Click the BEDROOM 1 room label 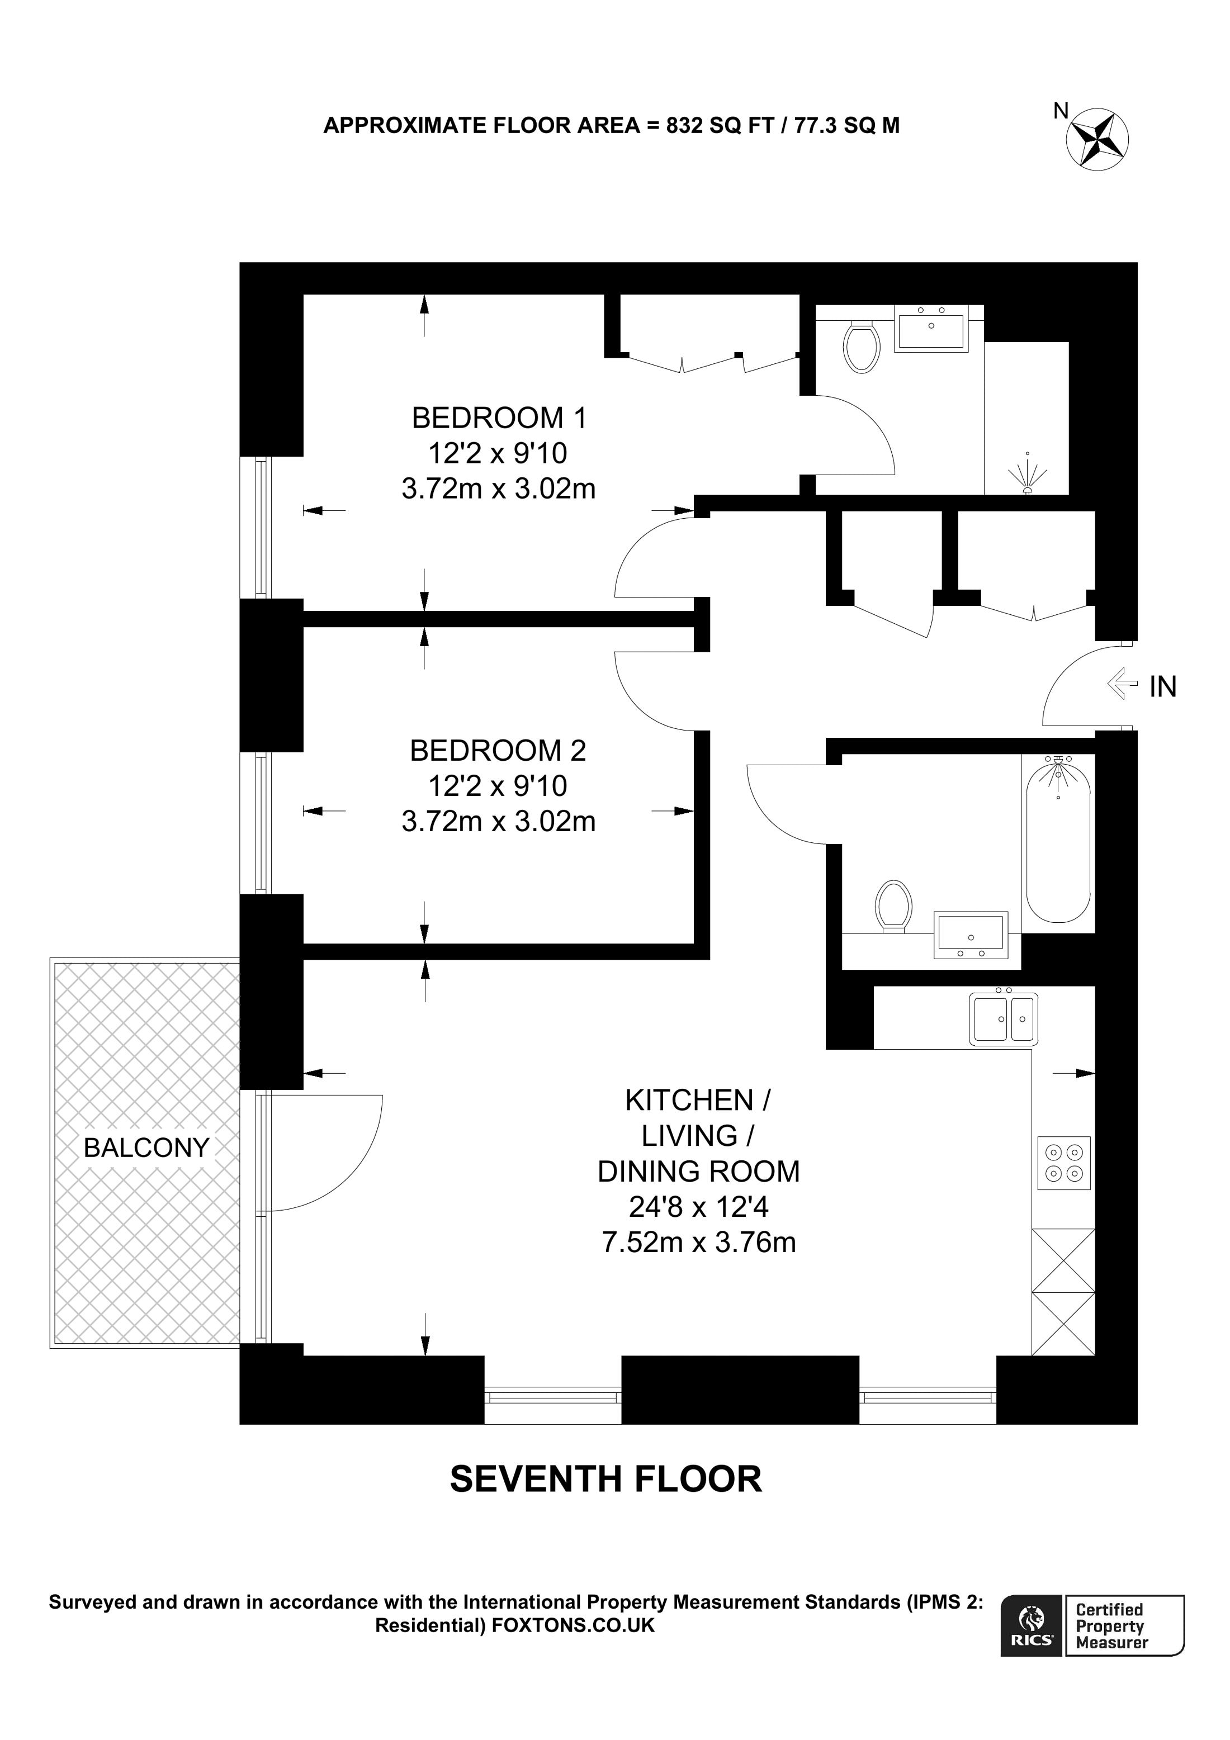click(498, 418)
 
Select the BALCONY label click(146, 1148)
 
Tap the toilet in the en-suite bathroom click(861, 347)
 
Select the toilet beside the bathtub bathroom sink click(893, 905)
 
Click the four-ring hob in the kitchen click(1063, 1163)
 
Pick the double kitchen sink click(1002, 1018)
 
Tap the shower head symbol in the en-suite click(1027, 476)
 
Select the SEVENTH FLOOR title click(605, 1480)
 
